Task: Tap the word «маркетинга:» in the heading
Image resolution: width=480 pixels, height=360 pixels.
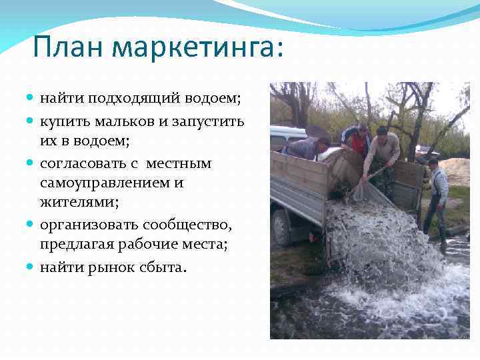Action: pos(197,48)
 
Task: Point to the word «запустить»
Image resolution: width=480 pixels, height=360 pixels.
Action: pos(209,121)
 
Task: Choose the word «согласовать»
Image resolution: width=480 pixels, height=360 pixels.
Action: pos(87,163)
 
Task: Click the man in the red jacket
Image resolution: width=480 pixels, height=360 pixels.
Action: pos(357,139)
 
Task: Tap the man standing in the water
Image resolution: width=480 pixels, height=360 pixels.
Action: pos(437,197)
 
